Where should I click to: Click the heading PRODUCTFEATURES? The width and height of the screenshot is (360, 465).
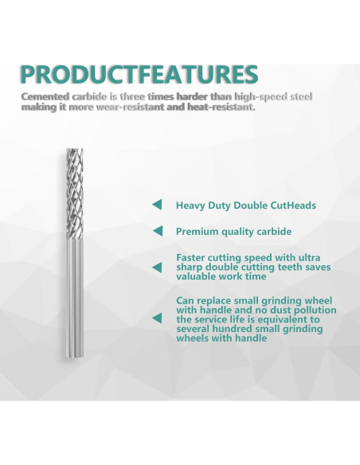[139, 74]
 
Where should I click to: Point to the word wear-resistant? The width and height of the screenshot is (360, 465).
[136, 107]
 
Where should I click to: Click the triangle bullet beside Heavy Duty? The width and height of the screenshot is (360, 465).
[157, 205]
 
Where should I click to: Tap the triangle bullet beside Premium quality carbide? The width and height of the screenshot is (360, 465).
[157, 232]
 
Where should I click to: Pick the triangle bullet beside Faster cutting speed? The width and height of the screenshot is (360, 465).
[157, 268]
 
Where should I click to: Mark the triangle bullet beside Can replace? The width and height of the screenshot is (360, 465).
[157, 318]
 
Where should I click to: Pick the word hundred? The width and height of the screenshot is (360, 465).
[239, 329]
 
